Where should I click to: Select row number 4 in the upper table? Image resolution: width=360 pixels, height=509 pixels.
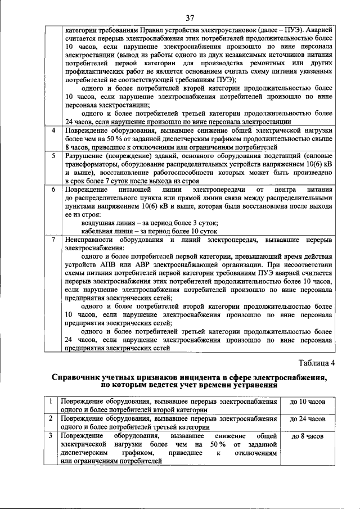pos(52,130)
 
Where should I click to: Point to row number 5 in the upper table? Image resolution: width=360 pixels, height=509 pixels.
pos(52,155)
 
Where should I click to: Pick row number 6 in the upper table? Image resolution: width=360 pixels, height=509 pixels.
pos(52,190)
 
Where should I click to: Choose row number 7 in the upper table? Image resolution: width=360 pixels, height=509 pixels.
pos(52,240)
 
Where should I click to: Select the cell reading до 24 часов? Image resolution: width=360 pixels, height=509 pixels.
pos(307,419)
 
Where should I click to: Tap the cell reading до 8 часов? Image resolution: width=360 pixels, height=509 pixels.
pos(307,436)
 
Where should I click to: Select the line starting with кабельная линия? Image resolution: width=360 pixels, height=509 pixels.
pos(149,231)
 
